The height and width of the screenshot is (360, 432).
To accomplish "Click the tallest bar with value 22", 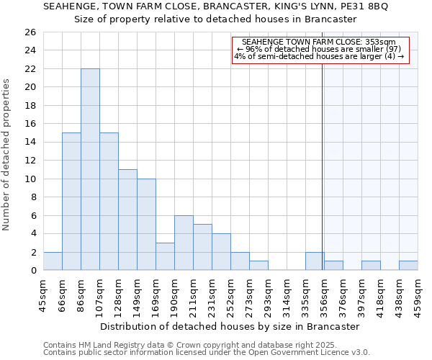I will [x=90, y=169].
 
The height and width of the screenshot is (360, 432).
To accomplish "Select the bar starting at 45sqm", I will [x=53, y=261].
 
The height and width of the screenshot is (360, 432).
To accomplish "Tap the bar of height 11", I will [x=127, y=220].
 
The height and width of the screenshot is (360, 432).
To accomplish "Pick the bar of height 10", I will [x=146, y=224].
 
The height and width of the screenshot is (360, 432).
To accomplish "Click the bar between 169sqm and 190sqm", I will [x=165, y=256].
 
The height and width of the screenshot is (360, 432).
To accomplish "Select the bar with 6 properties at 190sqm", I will [x=184, y=243].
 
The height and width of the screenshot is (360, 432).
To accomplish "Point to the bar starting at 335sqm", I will [x=314, y=261].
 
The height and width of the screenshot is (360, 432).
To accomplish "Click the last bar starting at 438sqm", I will [x=408, y=266].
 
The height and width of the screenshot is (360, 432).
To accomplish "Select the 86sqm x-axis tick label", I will [x=81, y=292].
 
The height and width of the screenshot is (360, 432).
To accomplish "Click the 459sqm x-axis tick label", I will [x=418, y=292].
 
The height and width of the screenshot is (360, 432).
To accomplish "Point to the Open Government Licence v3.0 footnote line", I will [x=207, y=352].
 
